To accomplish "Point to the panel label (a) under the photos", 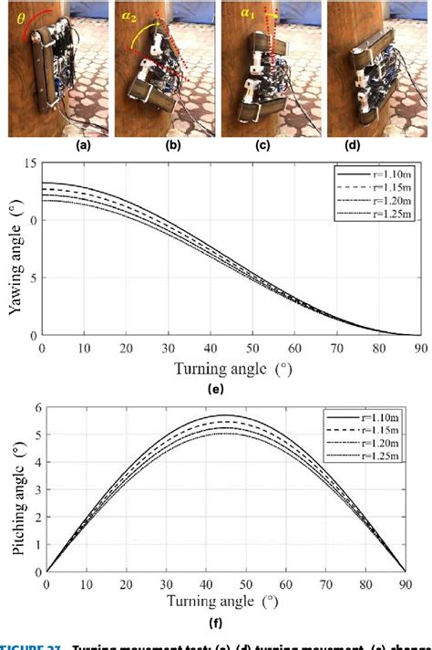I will point(59,144).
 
